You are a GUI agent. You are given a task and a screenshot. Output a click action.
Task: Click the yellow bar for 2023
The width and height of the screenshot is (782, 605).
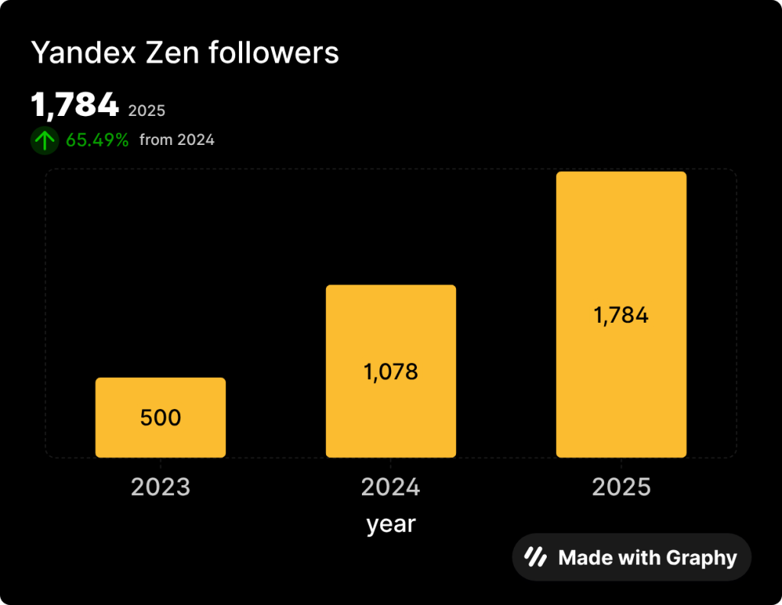click(x=160, y=397)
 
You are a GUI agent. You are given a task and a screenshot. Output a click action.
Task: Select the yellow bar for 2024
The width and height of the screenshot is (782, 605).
click(x=390, y=336)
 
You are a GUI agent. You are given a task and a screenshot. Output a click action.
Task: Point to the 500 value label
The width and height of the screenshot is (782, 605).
click(x=160, y=418)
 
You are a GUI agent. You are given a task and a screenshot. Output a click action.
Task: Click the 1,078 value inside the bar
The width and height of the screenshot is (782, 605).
click(x=390, y=372)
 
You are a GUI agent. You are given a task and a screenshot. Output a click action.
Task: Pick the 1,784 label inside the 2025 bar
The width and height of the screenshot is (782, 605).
click(x=621, y=315)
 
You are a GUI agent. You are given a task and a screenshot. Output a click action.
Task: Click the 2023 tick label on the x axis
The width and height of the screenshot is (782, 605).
click(x=160, y=488)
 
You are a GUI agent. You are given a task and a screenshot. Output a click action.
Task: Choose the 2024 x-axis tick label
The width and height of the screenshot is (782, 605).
click(x=390, y=488)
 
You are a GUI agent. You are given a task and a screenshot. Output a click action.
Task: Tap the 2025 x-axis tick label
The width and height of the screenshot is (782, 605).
click(x=621, y=488)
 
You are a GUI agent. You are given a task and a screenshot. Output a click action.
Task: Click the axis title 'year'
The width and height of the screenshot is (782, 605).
click(x=390, y=524)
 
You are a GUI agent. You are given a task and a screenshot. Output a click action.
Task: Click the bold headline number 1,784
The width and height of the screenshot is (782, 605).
click(x=75, y=105)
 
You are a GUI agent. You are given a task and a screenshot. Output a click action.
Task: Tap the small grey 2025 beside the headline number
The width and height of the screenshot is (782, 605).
click(x=147, y=111)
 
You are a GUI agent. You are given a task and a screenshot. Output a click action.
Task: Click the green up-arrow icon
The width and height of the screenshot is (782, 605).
click(x=44, y=140)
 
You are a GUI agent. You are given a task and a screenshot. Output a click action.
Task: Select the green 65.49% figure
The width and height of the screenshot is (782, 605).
click(x=97, y=140)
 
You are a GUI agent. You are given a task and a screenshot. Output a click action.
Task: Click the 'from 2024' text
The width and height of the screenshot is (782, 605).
click(x=176, y=140)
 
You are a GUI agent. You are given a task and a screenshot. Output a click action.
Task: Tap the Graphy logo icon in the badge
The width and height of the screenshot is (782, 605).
click(x=535, y=558)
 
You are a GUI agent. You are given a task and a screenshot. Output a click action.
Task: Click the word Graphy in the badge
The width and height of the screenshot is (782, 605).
click(x=701, y=558)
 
